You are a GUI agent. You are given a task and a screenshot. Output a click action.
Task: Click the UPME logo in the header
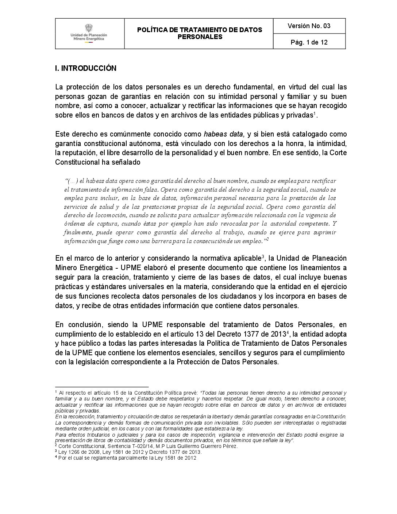point(89,34)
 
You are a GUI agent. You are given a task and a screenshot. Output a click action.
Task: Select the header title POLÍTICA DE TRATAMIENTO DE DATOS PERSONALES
point(199,33)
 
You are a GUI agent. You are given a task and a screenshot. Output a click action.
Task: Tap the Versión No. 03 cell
point(309,26)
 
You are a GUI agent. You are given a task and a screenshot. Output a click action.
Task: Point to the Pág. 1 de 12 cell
point(309,42)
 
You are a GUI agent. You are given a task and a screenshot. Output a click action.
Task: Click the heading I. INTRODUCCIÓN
point(85,68)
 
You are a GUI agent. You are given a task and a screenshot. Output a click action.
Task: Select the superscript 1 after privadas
point(315,113)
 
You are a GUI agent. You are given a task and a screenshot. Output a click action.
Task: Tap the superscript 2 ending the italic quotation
point(267,239)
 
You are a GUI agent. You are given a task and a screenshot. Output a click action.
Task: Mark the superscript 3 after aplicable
point(263,257)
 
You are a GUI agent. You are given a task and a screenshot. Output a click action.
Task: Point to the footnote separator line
point(102,387)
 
